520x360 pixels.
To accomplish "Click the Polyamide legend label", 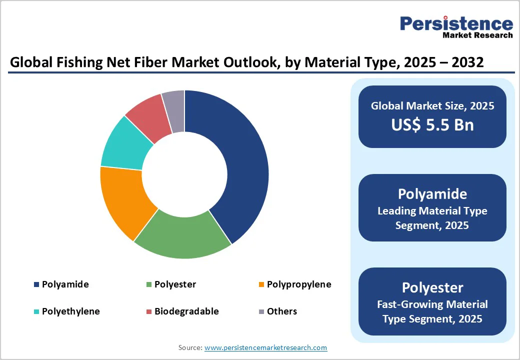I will point(65,284).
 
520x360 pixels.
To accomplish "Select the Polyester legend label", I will point(175,284).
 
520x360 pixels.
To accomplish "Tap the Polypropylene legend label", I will point(298,284).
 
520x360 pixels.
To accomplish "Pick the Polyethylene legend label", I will point(70,311).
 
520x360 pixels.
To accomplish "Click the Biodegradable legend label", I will point(186,311).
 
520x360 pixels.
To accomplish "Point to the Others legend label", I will point(281,311).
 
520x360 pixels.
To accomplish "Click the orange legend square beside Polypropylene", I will point(261,285).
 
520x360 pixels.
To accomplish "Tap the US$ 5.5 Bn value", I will point(432,124).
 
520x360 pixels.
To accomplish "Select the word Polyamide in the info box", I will point(432,194).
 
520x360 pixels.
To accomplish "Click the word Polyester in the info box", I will point(432,287).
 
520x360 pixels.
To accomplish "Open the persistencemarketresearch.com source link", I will point(265,347).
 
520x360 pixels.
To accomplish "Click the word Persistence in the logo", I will point(456,23).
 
